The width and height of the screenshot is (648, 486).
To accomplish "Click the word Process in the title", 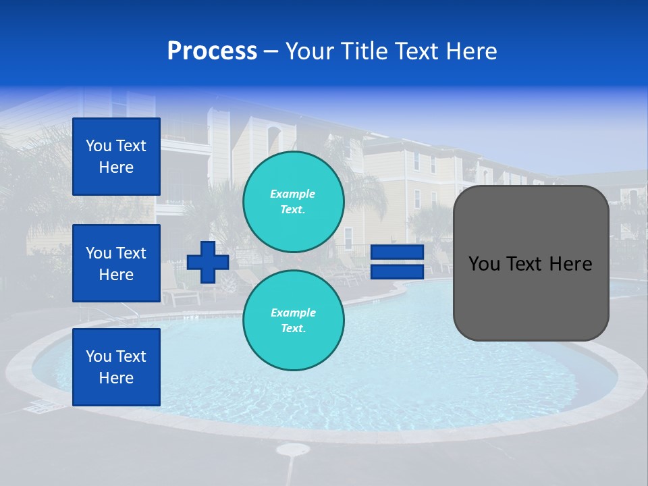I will (212, 51).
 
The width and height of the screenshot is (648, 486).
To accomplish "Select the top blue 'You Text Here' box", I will (116, 157).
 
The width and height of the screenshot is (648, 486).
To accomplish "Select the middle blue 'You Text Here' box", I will (116, 263).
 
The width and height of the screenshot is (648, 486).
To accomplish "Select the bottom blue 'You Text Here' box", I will (116, 367).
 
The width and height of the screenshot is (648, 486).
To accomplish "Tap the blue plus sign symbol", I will (207, 262).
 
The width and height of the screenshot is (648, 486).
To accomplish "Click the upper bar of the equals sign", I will (397, 252).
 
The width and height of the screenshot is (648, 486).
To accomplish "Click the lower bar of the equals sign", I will (397, 271).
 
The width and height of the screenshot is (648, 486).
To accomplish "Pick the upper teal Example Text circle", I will (293, 202).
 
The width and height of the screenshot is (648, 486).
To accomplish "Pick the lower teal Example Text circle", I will (293, 321).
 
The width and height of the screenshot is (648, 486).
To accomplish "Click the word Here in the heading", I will (473, 51).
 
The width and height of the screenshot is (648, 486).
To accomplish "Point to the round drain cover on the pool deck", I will (292, 449).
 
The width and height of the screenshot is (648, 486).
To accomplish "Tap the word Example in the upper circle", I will (293, 194).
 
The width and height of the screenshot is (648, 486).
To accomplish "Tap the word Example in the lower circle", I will (293, 313).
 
